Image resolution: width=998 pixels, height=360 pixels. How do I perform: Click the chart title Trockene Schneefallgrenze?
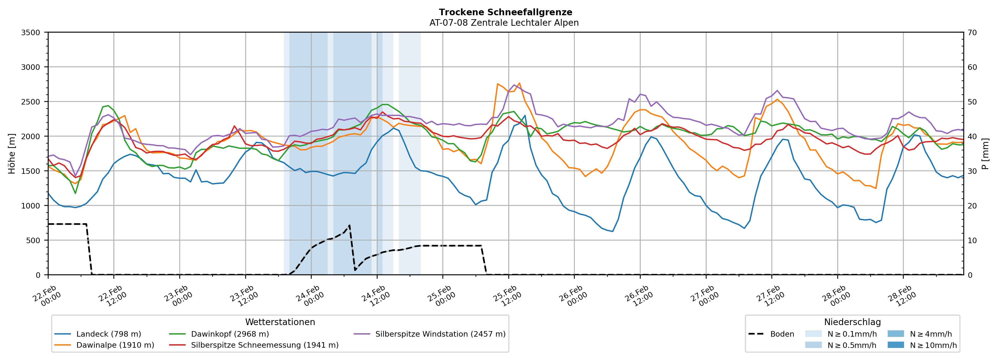[505, 12]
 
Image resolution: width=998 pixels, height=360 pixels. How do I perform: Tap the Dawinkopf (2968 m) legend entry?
[230, 334]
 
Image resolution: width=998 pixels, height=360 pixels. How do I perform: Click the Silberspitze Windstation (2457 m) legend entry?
[440, 334]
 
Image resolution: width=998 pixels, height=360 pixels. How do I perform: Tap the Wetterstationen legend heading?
[280, 322]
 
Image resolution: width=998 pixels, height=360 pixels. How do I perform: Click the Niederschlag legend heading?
[852, 322]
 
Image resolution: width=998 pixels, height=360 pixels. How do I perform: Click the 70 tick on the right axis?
[973, 33]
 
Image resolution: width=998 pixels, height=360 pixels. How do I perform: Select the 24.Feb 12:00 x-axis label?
[375, 296]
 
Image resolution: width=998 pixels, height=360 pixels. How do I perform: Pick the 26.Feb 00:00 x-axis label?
[573, 296]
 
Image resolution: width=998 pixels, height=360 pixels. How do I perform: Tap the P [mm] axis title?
[986, 154]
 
